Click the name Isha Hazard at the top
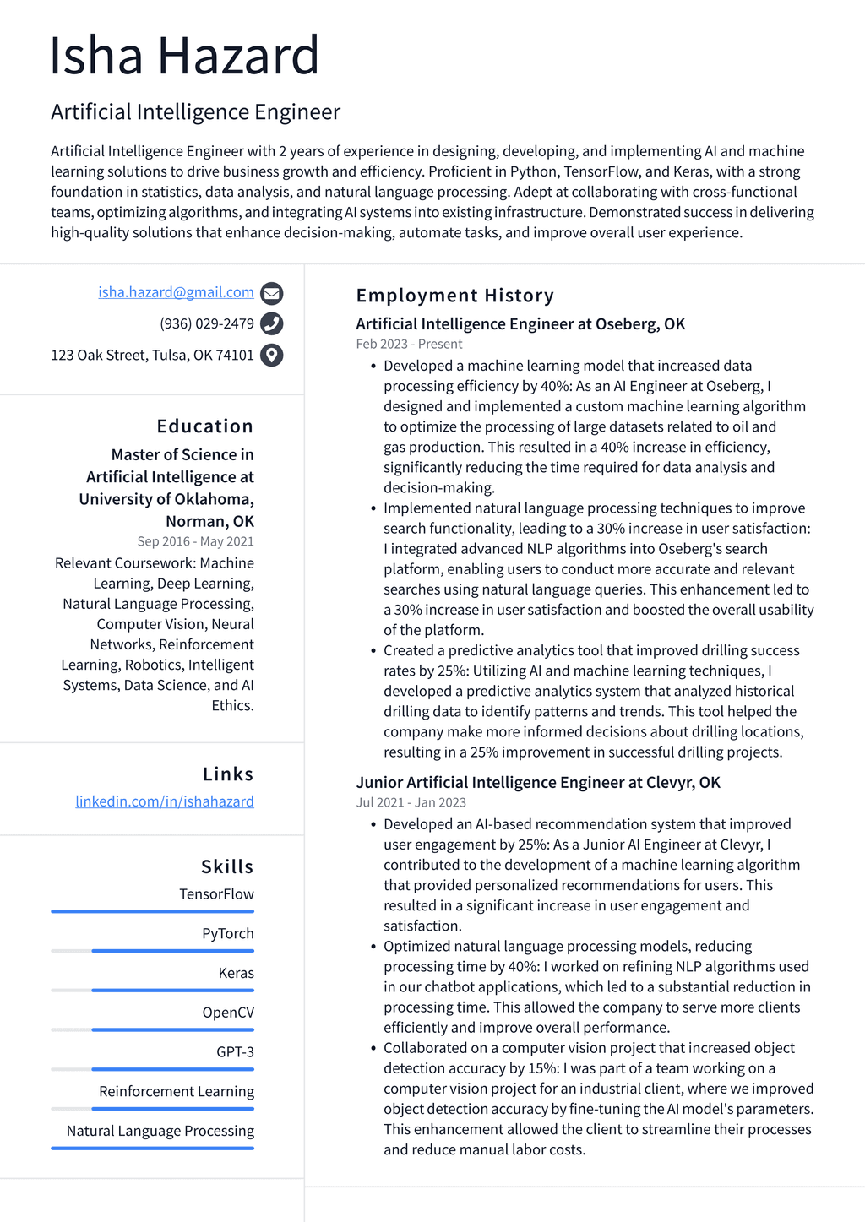(184, 56)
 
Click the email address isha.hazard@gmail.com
(176, 292)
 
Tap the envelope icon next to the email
(271, 293)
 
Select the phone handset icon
(271, 323)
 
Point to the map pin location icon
(271, 355)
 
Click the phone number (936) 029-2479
(206, 323)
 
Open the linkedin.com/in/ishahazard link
(165, 801)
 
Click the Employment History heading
(454, 296)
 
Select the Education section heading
(204, 426)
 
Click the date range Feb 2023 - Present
(409, 344)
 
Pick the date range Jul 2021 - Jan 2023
(411, 802)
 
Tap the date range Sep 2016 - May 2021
(195, 541)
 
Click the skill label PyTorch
(227, 933)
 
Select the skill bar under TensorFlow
(152, 911)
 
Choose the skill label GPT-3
(235, 1051)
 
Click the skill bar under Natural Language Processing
(152, 1148)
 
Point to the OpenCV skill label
(227, 1013)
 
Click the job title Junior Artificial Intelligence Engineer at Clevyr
(537, 782)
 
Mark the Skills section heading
(226, 866)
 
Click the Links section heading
(227, 774)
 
